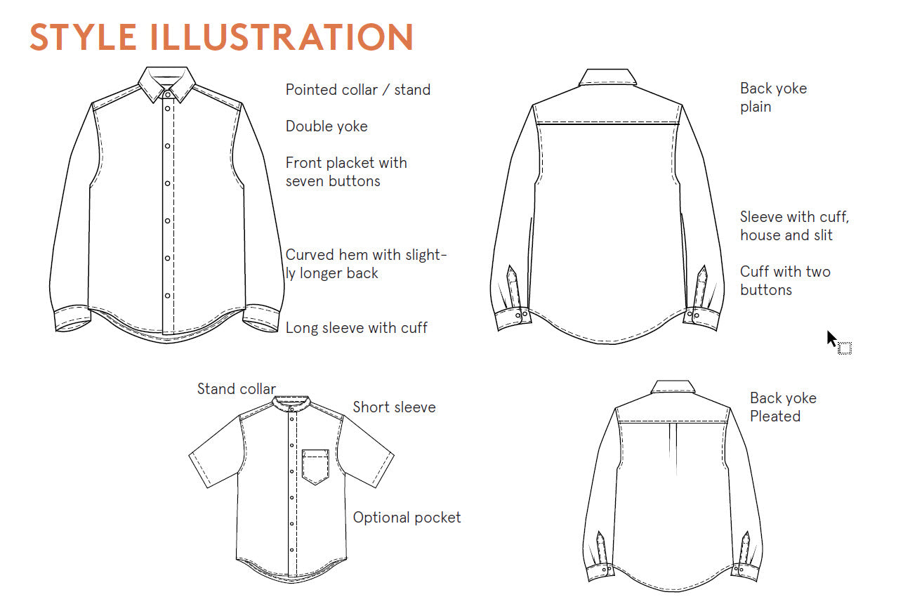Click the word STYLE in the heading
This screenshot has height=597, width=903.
83,37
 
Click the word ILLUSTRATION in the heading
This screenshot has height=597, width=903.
282,37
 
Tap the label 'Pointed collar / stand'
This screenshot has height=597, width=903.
358,89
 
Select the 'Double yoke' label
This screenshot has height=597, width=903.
327,126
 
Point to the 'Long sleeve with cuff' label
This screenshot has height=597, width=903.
357,328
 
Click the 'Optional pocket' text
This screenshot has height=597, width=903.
407,518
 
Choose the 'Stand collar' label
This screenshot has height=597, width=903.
236,389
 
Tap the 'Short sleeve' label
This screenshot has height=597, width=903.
394,407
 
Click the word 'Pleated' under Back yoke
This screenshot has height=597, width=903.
775,416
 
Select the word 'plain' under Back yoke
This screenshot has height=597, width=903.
756,107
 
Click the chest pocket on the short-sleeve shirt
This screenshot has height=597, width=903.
315,467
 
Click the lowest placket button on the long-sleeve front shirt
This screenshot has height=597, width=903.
167,296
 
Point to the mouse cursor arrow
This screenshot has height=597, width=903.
831,339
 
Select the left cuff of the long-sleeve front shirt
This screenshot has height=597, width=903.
72,320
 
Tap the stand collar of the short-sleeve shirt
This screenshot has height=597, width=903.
291,402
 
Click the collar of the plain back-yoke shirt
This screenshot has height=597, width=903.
607,77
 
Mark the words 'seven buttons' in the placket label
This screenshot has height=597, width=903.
333,181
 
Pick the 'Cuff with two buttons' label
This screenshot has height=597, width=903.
785,281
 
